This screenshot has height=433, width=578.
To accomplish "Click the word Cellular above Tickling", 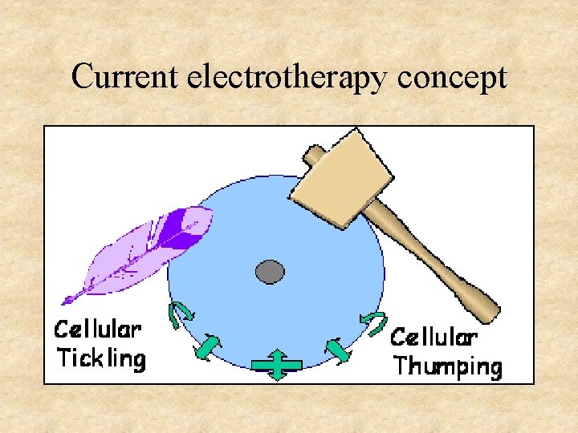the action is pos(98,330).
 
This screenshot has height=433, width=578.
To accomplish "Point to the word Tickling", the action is pos(101,358).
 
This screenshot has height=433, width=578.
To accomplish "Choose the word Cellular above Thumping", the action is pos(434,338).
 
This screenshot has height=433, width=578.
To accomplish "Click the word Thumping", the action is pos(448,366).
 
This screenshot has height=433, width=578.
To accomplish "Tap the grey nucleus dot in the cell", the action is pos(270,272).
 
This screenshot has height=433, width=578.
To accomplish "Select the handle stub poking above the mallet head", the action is pos(313,152).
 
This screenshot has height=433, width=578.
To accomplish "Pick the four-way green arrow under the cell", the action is pos(276,364).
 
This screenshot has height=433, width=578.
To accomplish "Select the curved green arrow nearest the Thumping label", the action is pos(372,322).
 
